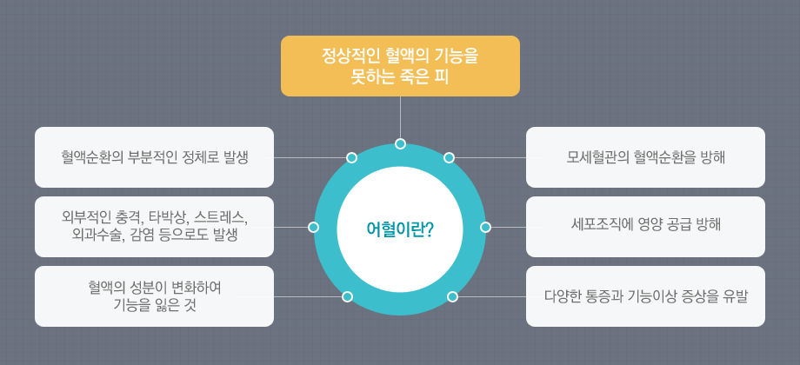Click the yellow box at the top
point(400,66)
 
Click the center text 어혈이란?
point(401,229)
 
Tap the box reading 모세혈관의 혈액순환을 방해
point(645,157)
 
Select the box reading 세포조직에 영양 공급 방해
point(645,226)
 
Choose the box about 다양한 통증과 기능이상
point(645,296)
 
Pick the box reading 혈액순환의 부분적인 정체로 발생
point(154,157)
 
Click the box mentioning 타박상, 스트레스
point(154,226)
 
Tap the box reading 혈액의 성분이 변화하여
point(154,296)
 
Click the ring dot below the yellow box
point(401,143)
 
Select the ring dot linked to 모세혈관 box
point(449,157)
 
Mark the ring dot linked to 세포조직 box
point(486,227)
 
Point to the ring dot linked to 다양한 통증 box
point(452,296)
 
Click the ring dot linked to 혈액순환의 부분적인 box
point(351,157)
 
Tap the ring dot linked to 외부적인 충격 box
point(314,227)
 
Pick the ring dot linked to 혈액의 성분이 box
point(348,296)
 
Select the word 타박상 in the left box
point(163,217)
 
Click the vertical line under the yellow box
point(401,117)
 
